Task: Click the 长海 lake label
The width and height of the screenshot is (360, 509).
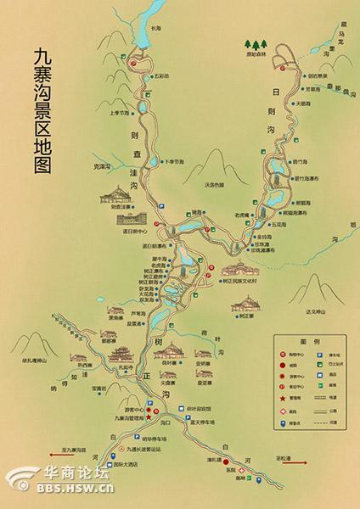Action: [156, 28]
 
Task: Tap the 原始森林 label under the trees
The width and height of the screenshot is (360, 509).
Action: [257, 53]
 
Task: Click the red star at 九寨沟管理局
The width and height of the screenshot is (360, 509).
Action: [149, 417]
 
